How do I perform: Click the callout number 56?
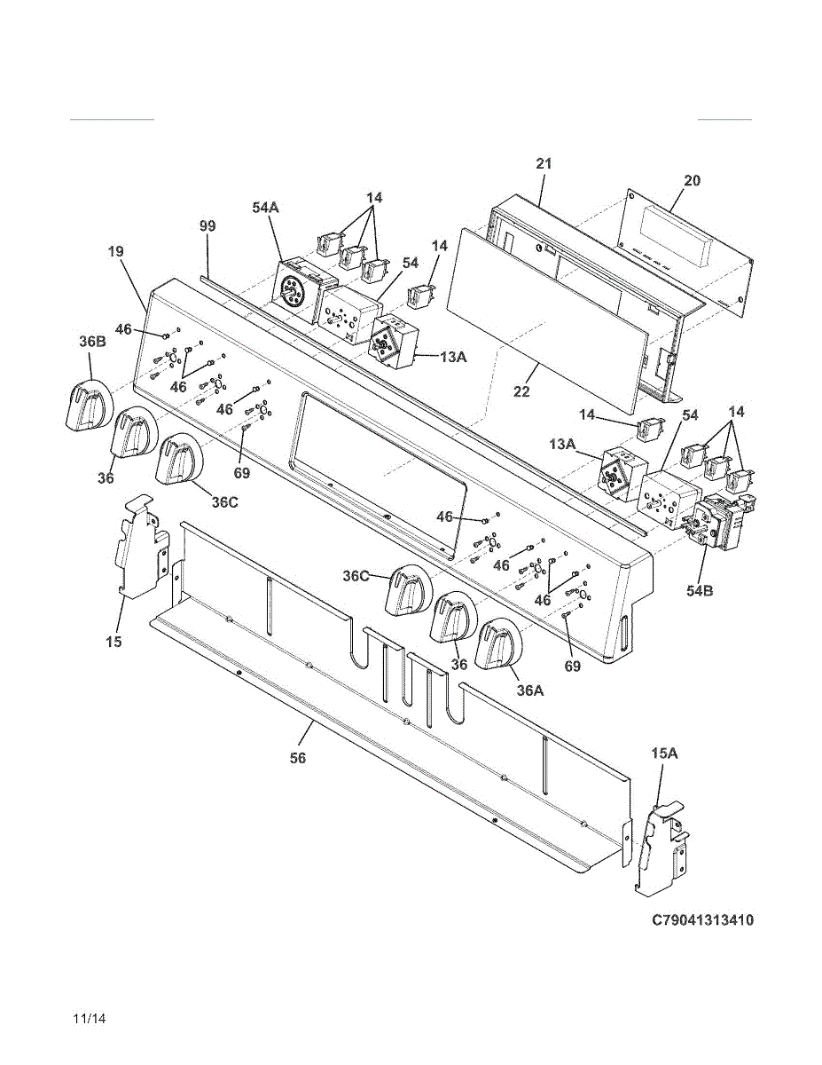(298, 758)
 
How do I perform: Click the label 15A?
(664, 753)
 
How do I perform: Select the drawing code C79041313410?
(702, 920)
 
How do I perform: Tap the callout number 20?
(692, 180)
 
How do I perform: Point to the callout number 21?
(544, 163)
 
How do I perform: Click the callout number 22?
(522, 391)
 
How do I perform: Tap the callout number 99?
(207, 227)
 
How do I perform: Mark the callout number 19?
(116, 252)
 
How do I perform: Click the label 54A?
(265, 207)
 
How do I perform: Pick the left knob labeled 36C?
(180, 460)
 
